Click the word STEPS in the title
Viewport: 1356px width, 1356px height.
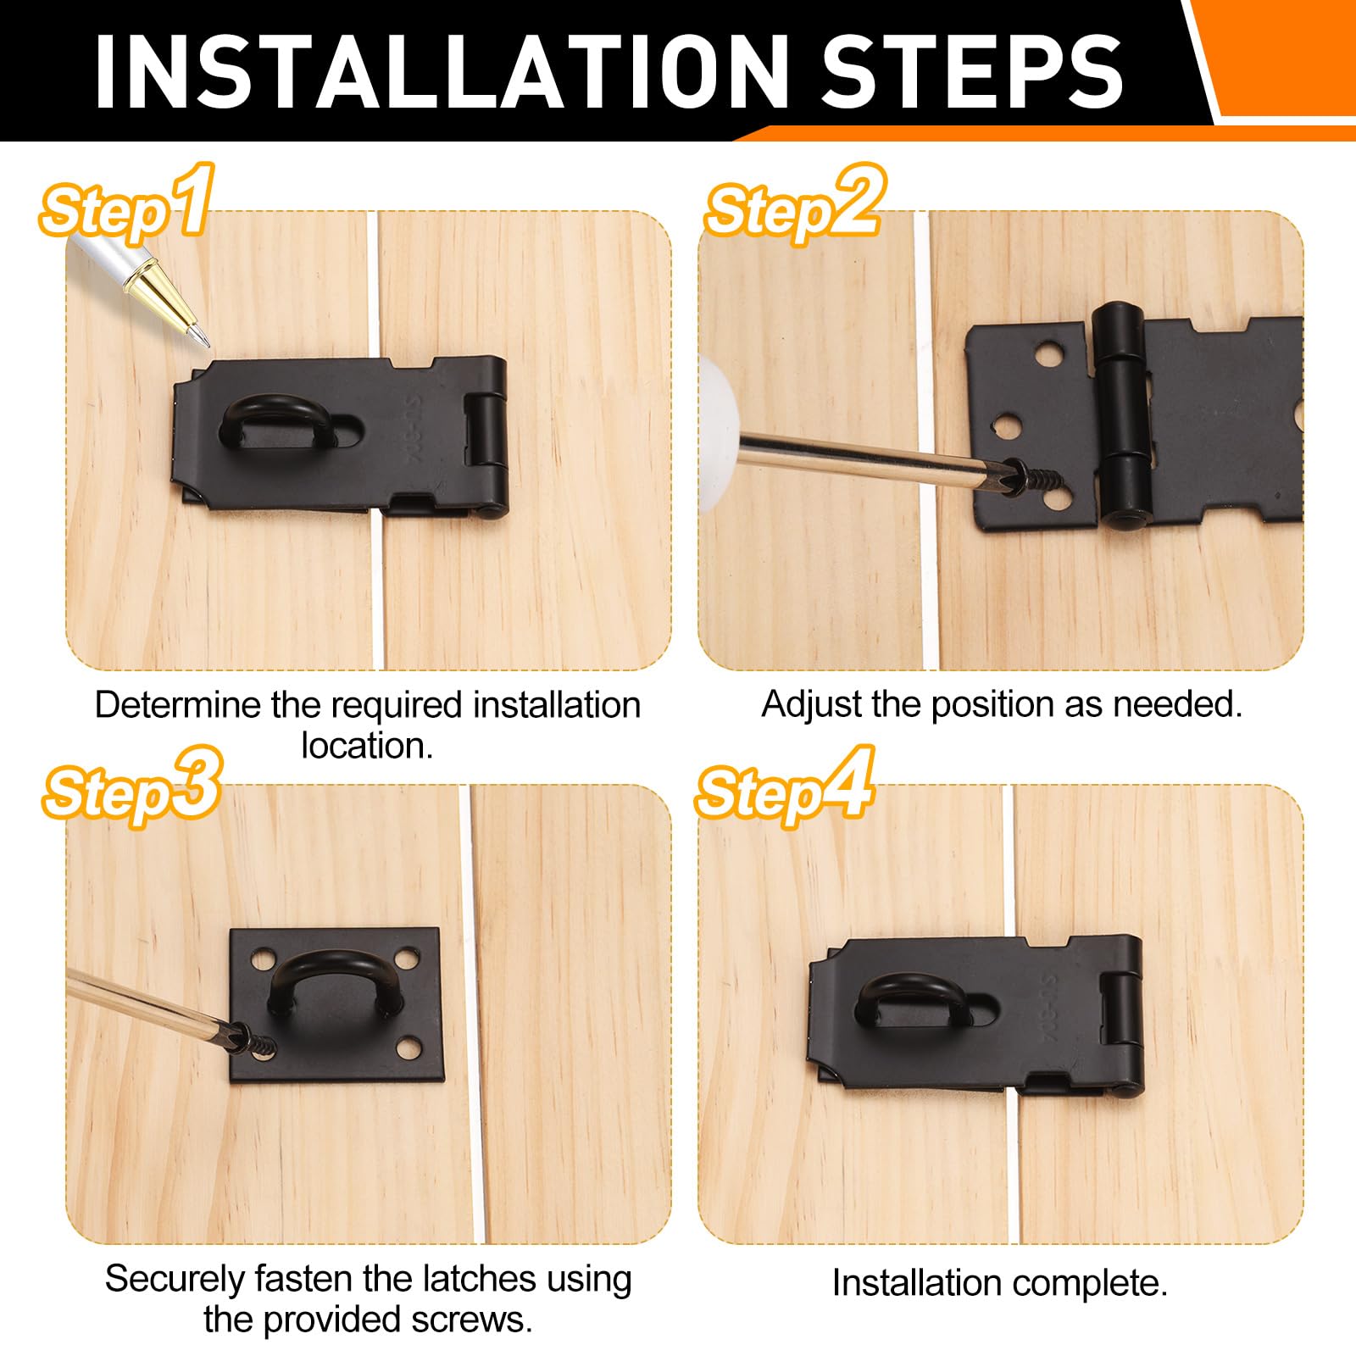(972, 73)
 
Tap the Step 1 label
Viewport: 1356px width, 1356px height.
(125, 203)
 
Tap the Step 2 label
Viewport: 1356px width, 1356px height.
(795, 203)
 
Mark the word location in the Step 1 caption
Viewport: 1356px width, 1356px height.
(367, 746)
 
